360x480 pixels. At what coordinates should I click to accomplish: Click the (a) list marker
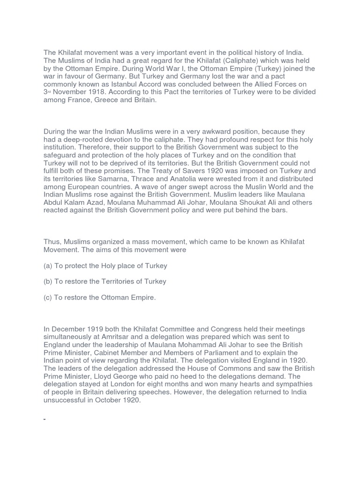pos(48,266)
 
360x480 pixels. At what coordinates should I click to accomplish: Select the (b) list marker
pos(48,282)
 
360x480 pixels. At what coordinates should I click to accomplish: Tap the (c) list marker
pos(48,298)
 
